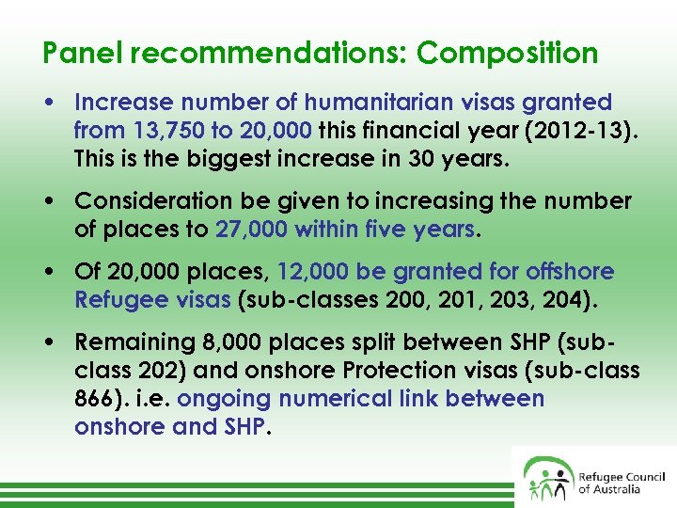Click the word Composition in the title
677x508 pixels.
(x=508, y=54)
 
